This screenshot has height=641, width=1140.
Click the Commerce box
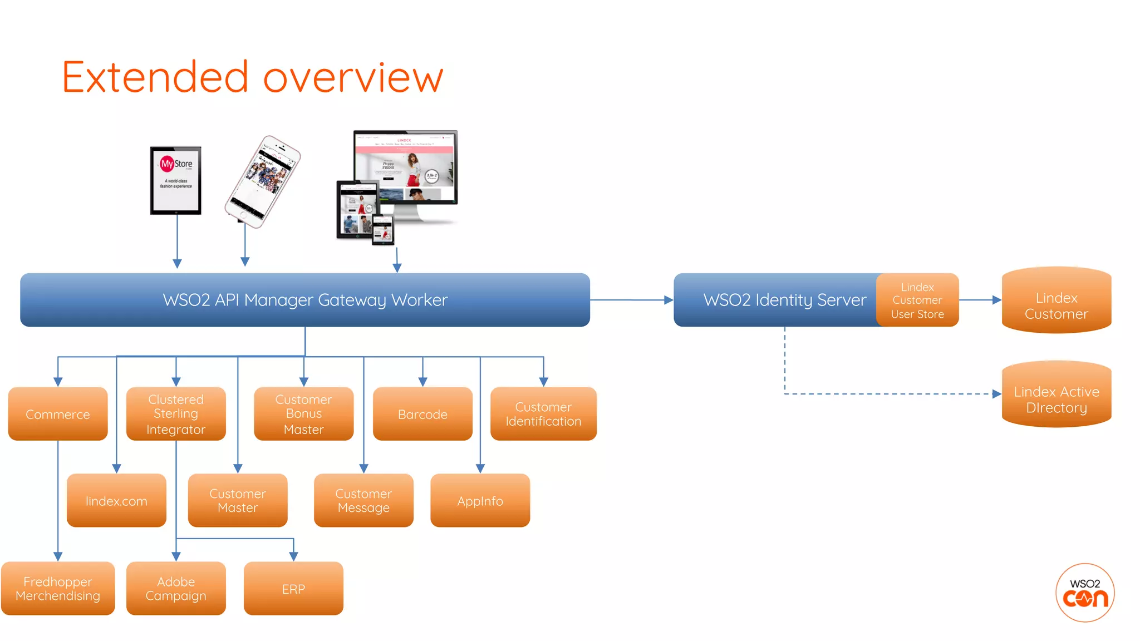(58, 414)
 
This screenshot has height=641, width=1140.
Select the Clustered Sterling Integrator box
(176, 414)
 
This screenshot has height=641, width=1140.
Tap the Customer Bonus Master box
(303, 414)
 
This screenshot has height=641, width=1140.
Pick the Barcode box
(422, 414)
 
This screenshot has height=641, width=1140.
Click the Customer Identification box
(543, 414)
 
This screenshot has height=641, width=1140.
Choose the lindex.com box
(116, 501)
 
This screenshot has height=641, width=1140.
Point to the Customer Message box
(363, 501)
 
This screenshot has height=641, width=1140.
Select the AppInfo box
(480, 501)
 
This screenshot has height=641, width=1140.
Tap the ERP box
(293, 589)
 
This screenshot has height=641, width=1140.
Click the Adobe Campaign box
(176, 589)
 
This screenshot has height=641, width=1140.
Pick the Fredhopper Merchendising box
(58, 589)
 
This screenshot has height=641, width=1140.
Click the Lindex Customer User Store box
(917, 300)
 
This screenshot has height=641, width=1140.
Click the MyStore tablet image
(176, 180)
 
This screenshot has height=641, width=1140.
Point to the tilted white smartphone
(262, 181)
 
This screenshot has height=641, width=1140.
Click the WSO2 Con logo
(1084, 593)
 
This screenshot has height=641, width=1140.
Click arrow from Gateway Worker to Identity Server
(632, 300)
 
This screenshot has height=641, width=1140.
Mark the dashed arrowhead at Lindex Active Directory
(996, 394)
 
